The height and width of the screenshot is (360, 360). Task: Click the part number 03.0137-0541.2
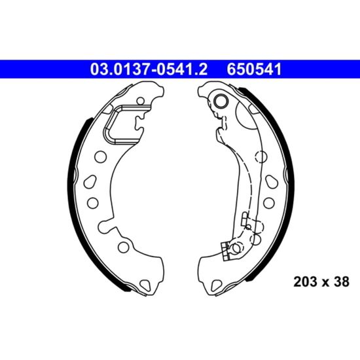149,69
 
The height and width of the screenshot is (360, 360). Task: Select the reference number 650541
254,69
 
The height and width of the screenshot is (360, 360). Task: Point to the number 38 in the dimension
342,281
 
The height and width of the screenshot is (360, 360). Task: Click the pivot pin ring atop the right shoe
220,101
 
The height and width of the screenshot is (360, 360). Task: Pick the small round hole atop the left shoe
141,101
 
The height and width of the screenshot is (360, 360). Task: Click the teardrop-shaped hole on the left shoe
90,181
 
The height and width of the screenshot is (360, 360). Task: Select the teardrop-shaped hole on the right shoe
272,181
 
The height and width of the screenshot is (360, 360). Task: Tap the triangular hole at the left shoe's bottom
145,285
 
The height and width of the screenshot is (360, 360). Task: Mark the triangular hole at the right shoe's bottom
217,285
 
